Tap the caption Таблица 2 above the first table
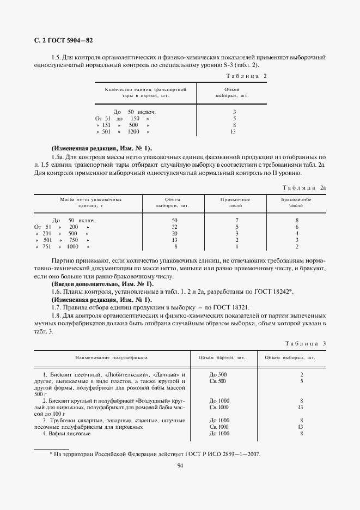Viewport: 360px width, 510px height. (x=246, y=76)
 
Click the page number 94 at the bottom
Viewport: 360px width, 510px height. (x=180, y=465)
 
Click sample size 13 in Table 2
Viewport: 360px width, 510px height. (x=233, y=131)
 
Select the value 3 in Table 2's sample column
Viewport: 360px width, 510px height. (x=233, y=112)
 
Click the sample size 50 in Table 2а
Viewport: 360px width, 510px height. (x=174, y=220)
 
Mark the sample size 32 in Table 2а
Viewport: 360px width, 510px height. (x=174, y=227)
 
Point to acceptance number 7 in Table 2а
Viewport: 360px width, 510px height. (x=236, y=220)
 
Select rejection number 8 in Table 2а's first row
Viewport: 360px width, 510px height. (x=297, y=220)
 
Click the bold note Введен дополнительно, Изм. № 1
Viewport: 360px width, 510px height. (x=102, y=285)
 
